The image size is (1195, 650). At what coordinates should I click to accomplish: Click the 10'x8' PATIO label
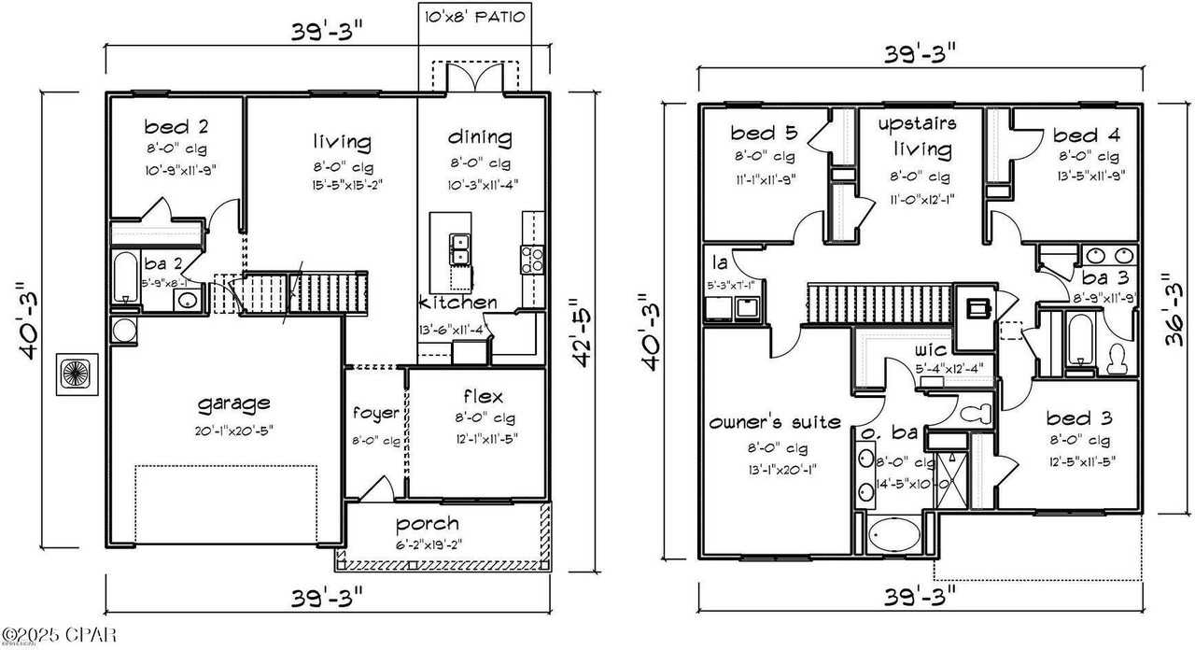click(475, 17)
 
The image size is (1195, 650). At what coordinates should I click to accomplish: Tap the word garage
click(234, 403)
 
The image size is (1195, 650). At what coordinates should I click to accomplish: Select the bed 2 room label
click(176, 126)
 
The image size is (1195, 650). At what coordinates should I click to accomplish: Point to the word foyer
click(375, 413)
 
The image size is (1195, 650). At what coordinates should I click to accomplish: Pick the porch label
click(427, 523)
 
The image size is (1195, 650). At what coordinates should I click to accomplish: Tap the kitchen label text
click(457, 303)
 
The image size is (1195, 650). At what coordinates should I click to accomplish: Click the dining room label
click(479, 138)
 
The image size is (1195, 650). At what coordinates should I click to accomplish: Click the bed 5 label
click(762, 134)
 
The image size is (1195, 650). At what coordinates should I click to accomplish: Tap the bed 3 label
click(1077, 417)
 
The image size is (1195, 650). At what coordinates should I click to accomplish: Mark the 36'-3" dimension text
click(1174, 309)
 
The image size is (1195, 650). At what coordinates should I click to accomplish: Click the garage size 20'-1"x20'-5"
click(234, 430)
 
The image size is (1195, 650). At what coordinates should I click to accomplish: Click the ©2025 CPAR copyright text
click(59, 636)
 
